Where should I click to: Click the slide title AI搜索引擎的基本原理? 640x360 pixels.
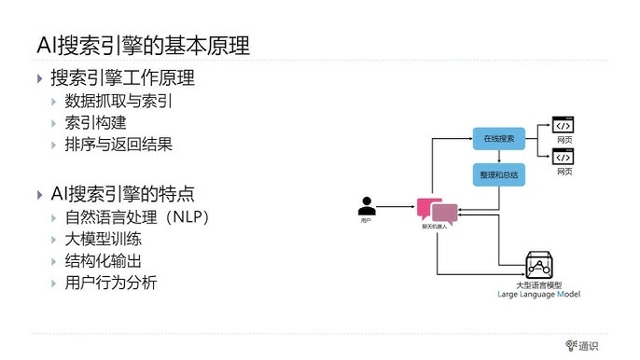(x=143, y=44)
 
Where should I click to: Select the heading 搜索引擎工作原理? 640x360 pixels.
(x=121, y=78)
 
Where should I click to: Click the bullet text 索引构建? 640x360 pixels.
(x=98, y=122)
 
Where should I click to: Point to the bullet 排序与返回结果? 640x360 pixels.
(x=118, y=145)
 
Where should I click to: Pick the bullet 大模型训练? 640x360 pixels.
(x=108, y=239)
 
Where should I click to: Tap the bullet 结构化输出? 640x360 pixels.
(x=108, y=260)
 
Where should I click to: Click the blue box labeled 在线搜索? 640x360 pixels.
(x=498, y=138)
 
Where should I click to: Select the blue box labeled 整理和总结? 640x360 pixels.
(x=498, y=174)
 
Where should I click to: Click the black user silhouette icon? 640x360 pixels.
(x=367, y=204)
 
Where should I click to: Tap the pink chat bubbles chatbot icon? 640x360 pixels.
(x=438, y=210)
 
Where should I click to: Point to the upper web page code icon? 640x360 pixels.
(x=563, y=124)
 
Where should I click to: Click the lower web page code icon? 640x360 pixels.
(x=563, y=156)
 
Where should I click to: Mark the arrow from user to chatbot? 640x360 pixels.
(x=398, y=210)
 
